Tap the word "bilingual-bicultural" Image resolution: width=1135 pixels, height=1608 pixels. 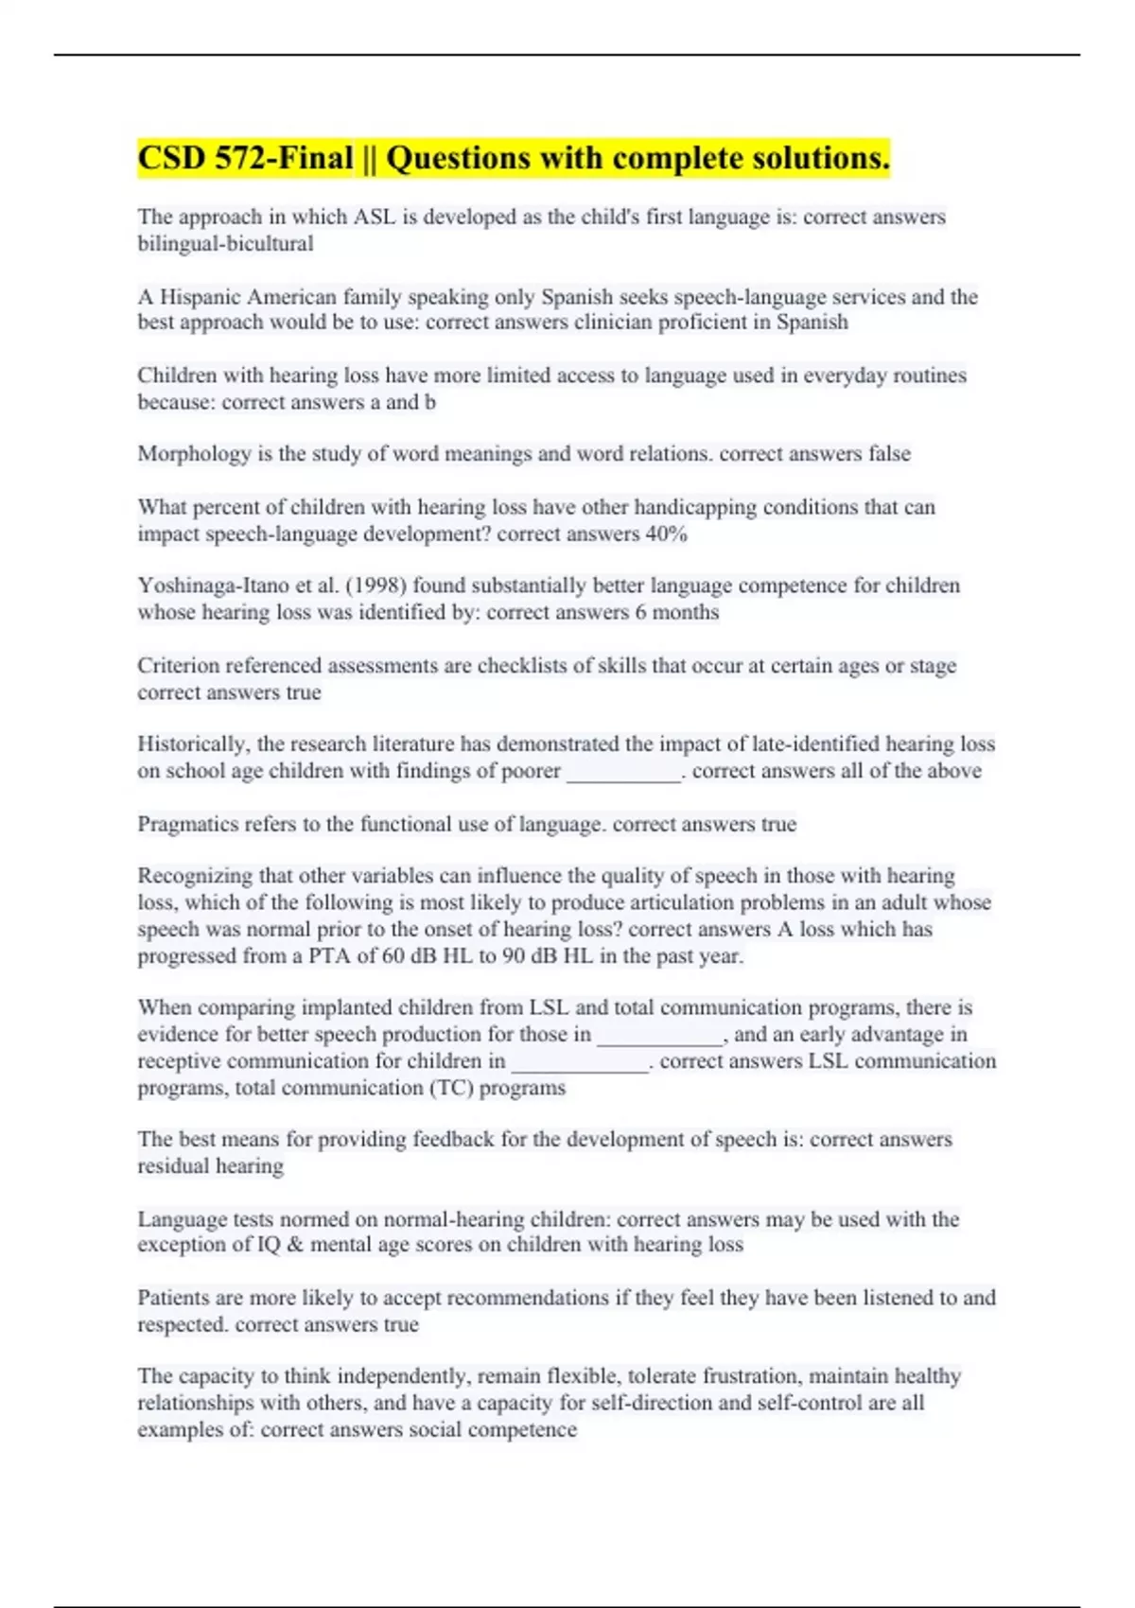pyautogui.click(x=225, y=244)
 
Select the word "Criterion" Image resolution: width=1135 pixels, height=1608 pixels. pyautogui.click(x=178, y=666)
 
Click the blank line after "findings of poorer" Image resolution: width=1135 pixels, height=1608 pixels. pyautogui.click(x=623, y=772)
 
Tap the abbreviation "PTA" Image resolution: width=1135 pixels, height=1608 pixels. pyautogui.click(x=329, y=956)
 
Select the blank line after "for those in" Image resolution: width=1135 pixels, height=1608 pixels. pyautogui.click(x=659, y=1036)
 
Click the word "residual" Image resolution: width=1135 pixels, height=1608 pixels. pyautogui.click(x=172, y=1166)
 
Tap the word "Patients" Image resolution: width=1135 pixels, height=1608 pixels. pyautogui.click(x=176, y=1298)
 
